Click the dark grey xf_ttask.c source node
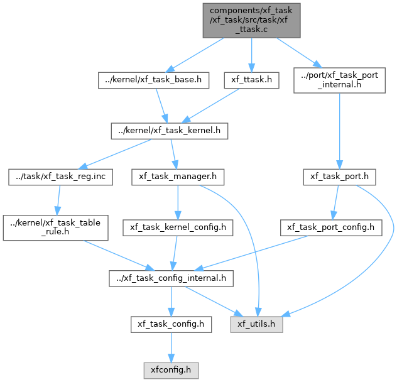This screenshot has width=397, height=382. click(x=251, y=21)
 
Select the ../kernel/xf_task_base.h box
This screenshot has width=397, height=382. click(x=153, y=80)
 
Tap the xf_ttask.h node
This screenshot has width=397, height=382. click(x=251, y=80)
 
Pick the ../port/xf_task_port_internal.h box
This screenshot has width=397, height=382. click(x=339, y=80)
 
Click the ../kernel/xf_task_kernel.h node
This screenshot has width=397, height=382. click(x=170, y=131)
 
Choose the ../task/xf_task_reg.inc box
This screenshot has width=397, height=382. click(x=60, y=177)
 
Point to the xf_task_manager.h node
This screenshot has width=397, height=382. click(x=178, y=177)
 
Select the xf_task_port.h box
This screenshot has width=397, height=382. click(x=339, y=177)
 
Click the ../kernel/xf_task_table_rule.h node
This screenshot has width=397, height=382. click(x=55, y=227)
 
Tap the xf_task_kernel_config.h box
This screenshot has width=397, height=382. click(x=178, y=227)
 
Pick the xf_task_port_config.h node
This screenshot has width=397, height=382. click(x=331, y=227)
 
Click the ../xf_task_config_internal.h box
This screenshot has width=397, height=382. click(x=171, y=279)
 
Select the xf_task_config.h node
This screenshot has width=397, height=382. click(x=171, y=324)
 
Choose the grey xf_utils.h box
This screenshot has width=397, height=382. click(x=256, y=324)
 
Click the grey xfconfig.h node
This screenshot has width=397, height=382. click(x=171, y=371)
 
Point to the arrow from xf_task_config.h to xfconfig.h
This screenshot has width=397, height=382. click(x=171, y=347)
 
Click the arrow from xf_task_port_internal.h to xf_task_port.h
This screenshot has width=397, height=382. click(x=340, y=131)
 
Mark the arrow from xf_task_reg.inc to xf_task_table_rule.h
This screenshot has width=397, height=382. click(x=59, y=200)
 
